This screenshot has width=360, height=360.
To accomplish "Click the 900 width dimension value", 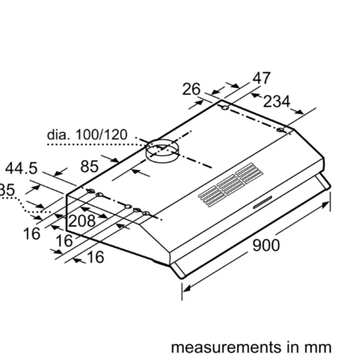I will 266,245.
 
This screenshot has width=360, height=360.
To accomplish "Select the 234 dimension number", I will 277,102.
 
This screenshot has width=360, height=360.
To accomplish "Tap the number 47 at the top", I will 261,78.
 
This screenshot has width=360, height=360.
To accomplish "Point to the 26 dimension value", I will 191,89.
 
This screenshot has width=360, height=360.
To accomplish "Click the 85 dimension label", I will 89,166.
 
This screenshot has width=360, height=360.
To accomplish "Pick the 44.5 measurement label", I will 22,168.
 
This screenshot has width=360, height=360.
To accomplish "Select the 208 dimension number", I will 82,221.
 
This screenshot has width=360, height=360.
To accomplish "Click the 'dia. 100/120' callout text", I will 87,135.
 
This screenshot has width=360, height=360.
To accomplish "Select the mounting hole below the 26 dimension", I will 225,107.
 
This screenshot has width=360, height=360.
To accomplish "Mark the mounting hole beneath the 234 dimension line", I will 280,130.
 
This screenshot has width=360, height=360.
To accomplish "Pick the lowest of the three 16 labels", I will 94,257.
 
